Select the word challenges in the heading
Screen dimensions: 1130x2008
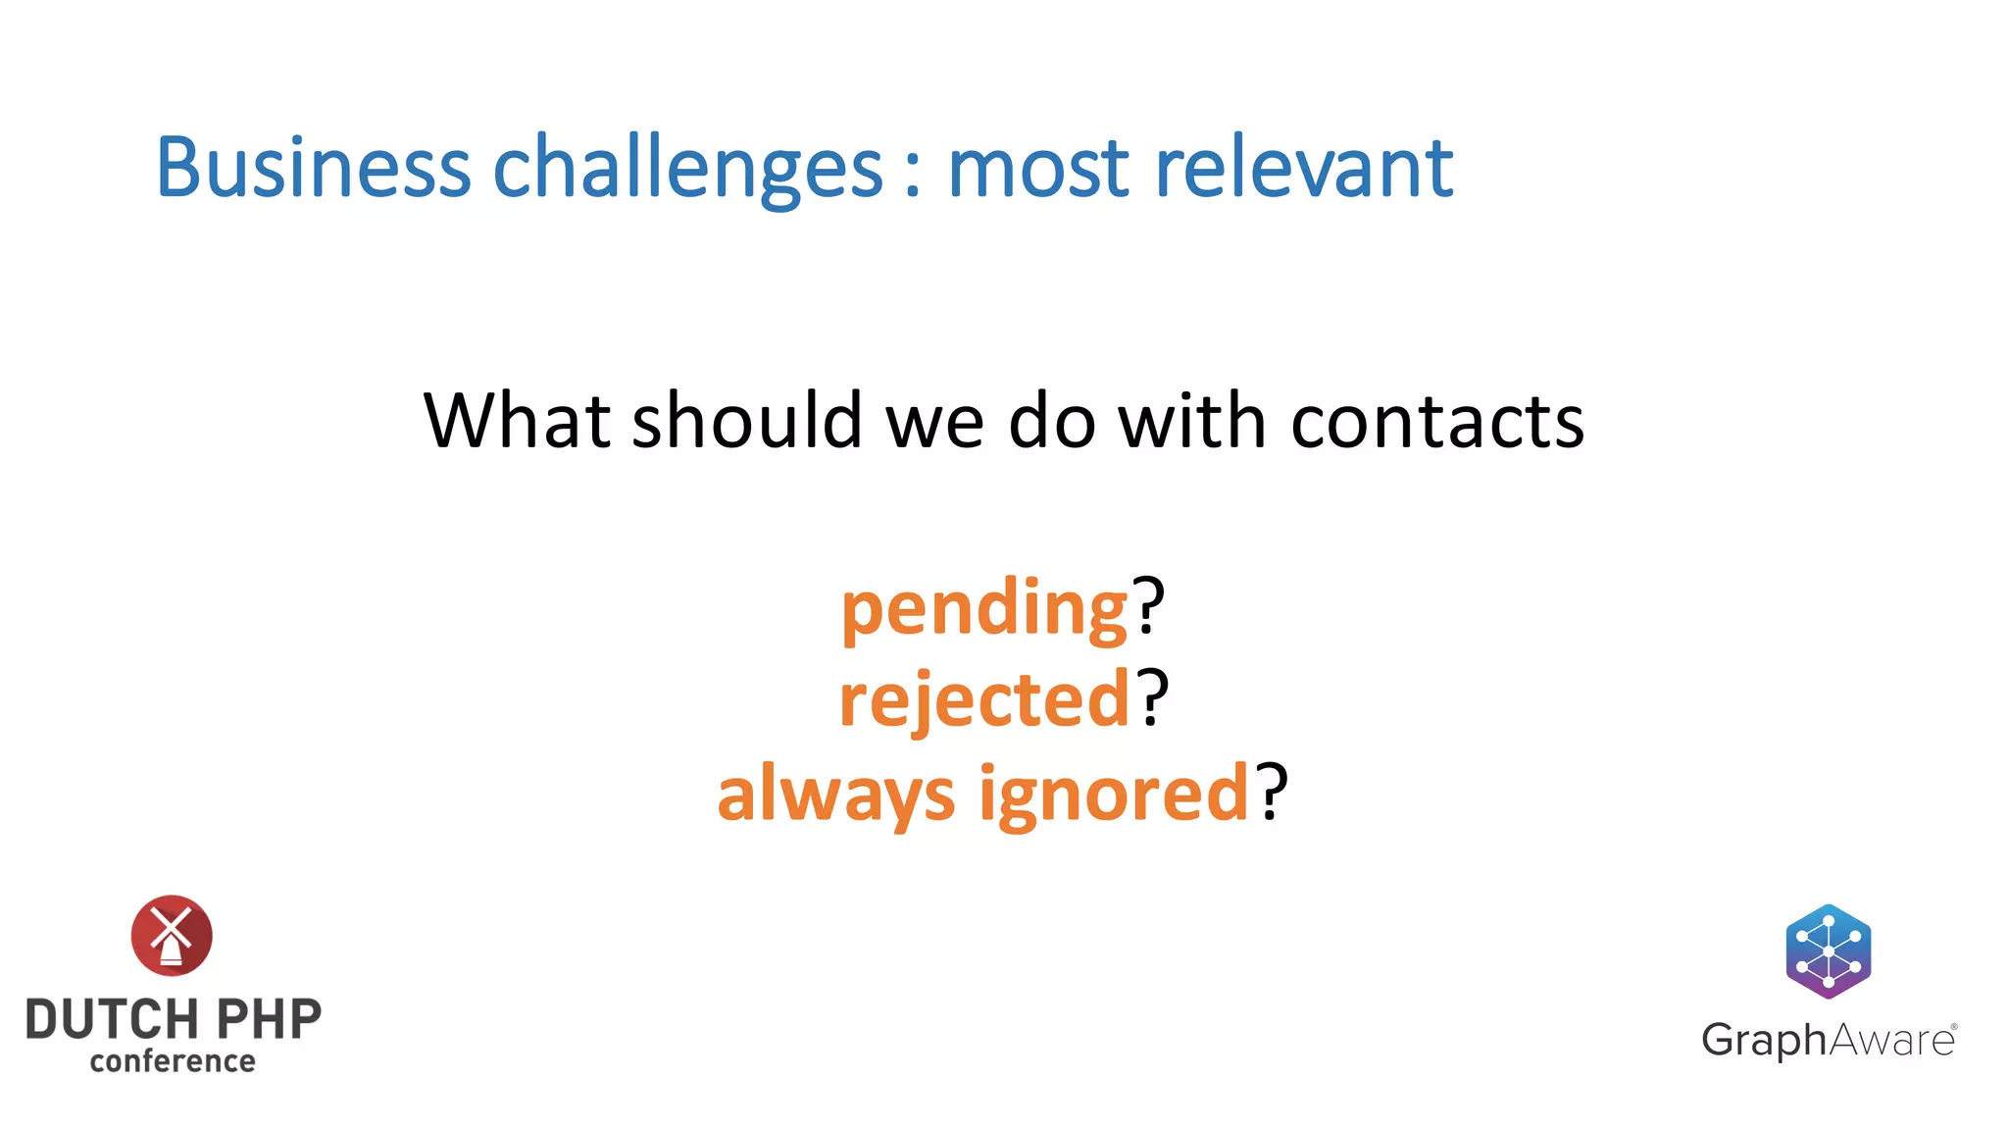pos(686,169)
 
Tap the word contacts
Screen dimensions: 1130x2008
pos(1437,422)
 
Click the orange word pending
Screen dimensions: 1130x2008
pos(984,608)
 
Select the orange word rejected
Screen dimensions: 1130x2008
pos(984,699)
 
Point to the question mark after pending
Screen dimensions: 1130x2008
pos(1148,605)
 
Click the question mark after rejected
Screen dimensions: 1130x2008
pos(1153,697)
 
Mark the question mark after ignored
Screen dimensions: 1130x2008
pos(1272,791)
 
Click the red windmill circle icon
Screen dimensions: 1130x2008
pos(172,935)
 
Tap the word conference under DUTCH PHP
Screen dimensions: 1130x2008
pos(173,1061)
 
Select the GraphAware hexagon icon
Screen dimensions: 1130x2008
pos(1829,950)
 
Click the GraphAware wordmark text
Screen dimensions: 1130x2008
pos(1829,1041)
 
